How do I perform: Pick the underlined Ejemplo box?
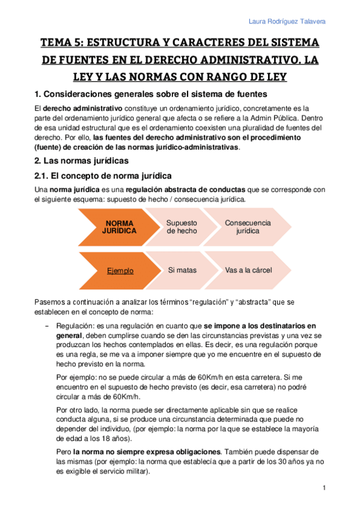pos(120,271)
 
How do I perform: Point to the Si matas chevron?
pos(182,271)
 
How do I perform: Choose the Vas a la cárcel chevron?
pos(246,271)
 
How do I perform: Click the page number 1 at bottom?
pos(323,487)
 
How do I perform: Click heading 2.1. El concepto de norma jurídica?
pos(102,176)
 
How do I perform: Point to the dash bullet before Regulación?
pos(47,325)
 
